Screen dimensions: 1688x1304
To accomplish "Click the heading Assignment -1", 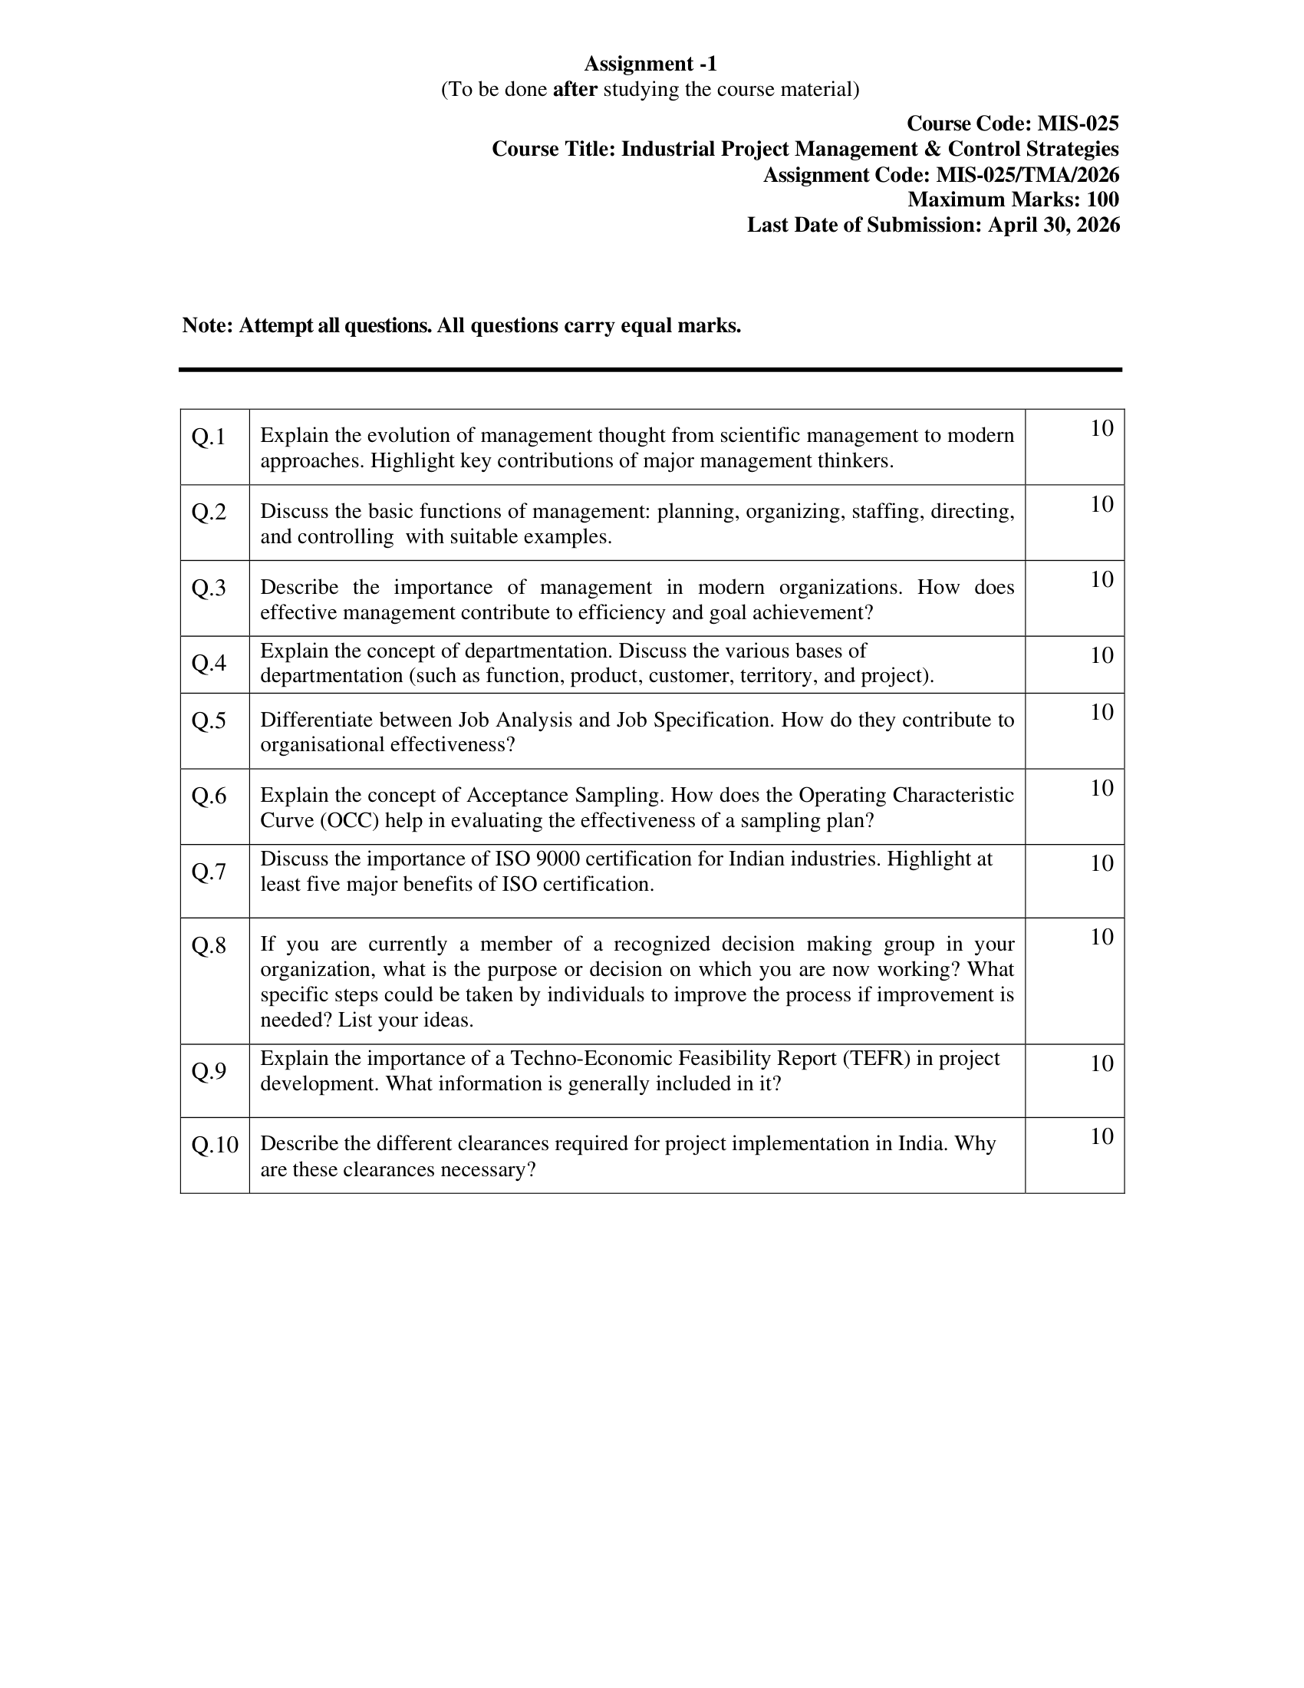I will click(650, 64).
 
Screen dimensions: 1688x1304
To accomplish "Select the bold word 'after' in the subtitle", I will click(575, 90).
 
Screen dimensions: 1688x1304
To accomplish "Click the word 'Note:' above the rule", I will click(208, 326).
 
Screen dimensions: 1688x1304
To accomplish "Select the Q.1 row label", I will click(209, 437).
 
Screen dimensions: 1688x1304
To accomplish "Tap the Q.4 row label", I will click(209, 663).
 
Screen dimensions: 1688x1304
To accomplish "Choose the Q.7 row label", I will click(209, 872).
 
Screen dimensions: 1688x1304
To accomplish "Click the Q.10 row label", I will click(215, 1145).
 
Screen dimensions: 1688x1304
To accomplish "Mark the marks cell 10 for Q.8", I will click(1101, 938).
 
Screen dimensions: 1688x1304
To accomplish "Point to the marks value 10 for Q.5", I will click(1101, 712).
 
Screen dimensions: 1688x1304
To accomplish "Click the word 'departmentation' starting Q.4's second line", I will click(331, 676).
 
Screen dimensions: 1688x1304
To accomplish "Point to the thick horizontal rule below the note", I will click(650, 371).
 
